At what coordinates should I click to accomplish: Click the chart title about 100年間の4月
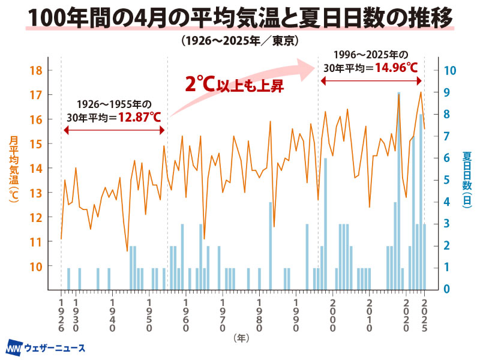(240, 18)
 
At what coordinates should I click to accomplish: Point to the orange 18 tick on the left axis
(35, 70)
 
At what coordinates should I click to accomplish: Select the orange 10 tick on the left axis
(35, 266)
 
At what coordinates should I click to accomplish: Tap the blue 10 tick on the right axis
(450, 70)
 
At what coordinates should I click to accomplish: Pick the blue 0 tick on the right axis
(446, 289)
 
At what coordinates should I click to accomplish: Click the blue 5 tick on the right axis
(446, 179)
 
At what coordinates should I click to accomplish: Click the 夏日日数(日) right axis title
(467, 178)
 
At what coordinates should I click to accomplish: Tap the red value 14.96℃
(396, 67)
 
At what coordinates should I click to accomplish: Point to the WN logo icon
(14, 348)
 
